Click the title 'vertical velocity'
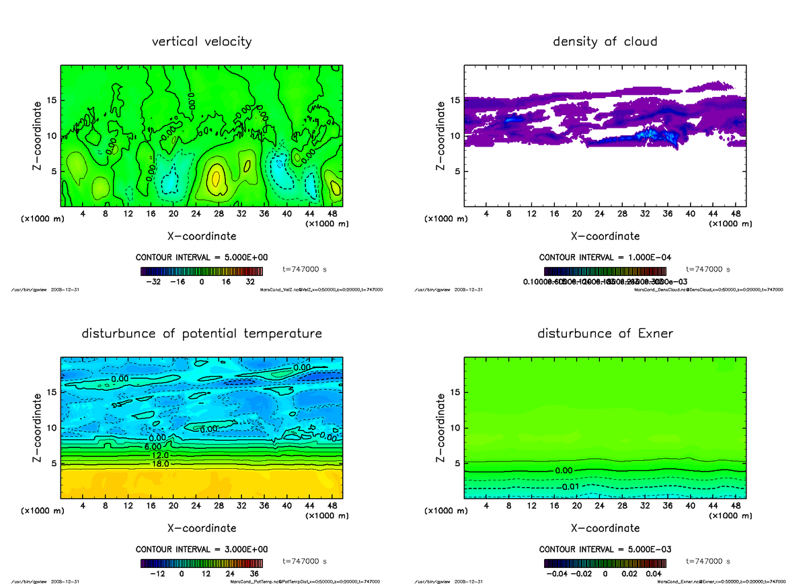pos(202,42)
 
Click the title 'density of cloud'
pos(605,42)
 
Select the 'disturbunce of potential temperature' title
pos(202,334)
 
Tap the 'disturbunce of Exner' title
pos(605,334)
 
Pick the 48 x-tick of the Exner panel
pos(736,505)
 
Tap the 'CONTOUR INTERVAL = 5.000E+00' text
pos(202,258)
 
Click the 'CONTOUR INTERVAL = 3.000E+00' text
pos(202,549)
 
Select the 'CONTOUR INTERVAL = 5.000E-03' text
pos(605,549)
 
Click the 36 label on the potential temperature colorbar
pos(255,574)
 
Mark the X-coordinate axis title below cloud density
pos(605,236)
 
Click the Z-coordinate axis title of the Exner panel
pos(441,425)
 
